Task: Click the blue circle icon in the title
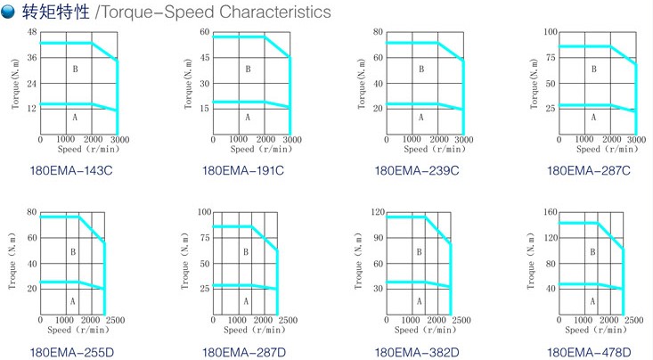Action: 8,12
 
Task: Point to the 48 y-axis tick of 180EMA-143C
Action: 32,33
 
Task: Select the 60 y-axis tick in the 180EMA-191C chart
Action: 204,33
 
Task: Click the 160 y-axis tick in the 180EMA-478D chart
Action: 550,213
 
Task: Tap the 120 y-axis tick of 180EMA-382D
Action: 377,213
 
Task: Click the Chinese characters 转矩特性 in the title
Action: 53,12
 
